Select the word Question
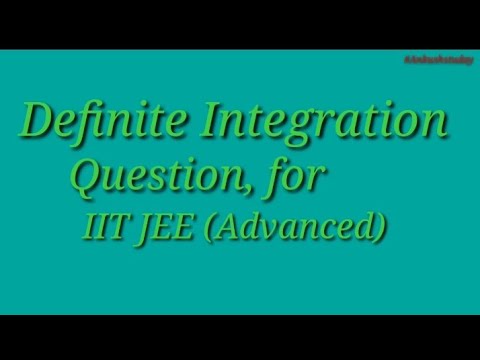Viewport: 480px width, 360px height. [x=164, y=179]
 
